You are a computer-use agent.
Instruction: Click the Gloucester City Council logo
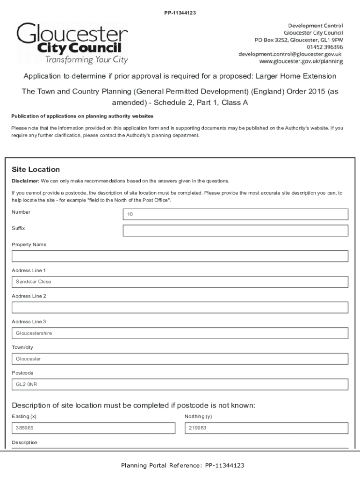click(x=72, y=43)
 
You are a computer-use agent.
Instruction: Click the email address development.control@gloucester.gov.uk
click(x=290, y=54)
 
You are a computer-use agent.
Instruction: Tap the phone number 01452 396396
click(x=325, y=47)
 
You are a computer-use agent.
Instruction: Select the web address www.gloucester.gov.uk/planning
click(x=301, y=61)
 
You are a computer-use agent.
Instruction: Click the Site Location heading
click(x=36, y=169)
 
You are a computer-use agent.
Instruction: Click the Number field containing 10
click(x=235, y=214)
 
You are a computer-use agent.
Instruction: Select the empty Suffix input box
click(x=235, y=231)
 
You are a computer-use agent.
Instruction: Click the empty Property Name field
click(x=180, y=256)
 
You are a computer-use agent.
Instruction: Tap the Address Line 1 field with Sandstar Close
click(x=180, y=282)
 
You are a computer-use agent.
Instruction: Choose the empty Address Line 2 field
click(x=180, y=307)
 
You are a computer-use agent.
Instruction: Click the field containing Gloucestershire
click(x=180, y=333)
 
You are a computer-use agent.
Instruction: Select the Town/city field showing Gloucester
click(x=180, y=359)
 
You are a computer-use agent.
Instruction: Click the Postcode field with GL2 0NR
click(x=180, y=384)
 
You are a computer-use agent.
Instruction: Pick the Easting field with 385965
click(x=93, y=428)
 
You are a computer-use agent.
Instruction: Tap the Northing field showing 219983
click(x=266, y=428)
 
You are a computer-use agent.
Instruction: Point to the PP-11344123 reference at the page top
click(x=180, y=13)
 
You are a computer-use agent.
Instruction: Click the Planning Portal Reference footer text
click(x=182, y=465)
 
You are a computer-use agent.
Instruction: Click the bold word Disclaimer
click(x=25, y=181)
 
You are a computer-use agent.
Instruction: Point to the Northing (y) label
click(x=198, y=416)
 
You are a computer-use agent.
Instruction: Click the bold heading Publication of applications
click(x=82, y=116)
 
